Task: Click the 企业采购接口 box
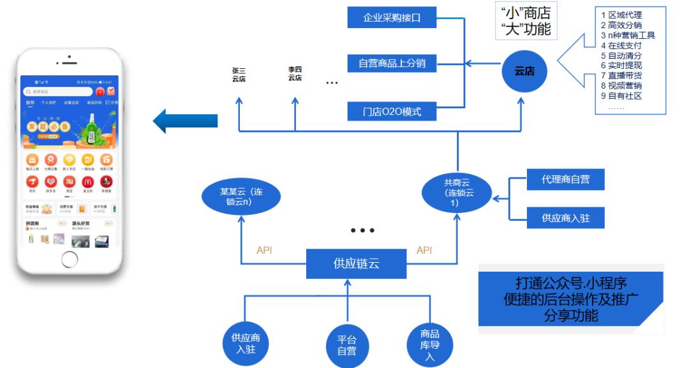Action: tap(392, 17)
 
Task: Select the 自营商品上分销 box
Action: tap(392, 64)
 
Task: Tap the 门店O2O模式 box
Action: tap(392, 112)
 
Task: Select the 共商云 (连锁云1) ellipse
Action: tap(457, 188)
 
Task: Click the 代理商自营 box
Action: tap(565, 180)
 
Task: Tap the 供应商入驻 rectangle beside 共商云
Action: tap(565, 217)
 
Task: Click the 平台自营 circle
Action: tap(347, 345)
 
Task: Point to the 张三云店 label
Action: tap(239, 75)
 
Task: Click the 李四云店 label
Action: tap(295, 73)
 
